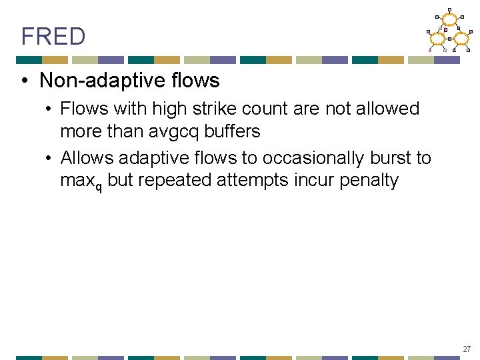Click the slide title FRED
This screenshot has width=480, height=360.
[x=53, y=37]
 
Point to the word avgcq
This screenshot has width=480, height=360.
[x=171, y=131]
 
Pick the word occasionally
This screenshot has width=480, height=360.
[x=313, y=158]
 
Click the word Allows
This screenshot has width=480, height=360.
[x=86, y=158]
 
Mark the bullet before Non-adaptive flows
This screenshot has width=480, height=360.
[x=23, y=81]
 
